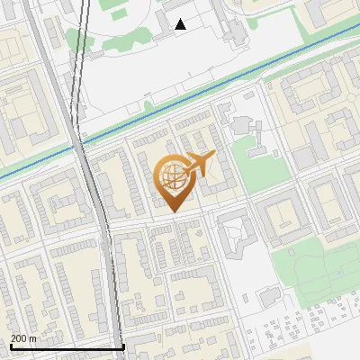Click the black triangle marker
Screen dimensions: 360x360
(181, 24)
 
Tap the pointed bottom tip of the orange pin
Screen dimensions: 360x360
(174, 211)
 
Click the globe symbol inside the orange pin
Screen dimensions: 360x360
(172, 177)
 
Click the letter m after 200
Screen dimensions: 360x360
(33, 338)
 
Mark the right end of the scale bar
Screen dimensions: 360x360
(123, 346)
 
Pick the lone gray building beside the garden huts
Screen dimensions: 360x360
(270, 298)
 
